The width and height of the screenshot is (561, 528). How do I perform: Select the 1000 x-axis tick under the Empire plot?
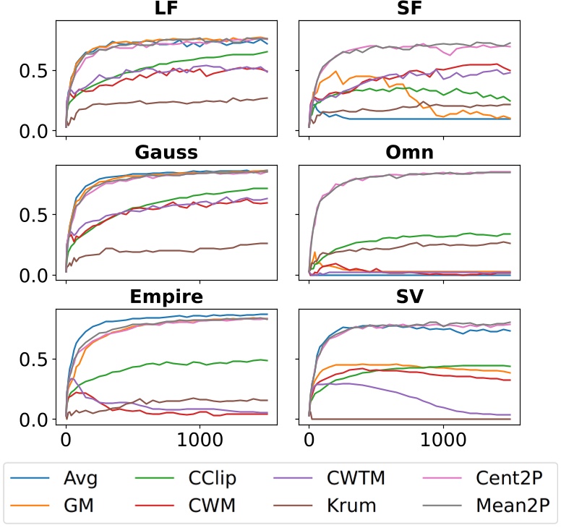coord(200,440)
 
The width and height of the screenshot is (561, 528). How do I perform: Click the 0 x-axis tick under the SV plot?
coord(309,440)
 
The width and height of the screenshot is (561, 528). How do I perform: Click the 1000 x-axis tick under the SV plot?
coord(442,440)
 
